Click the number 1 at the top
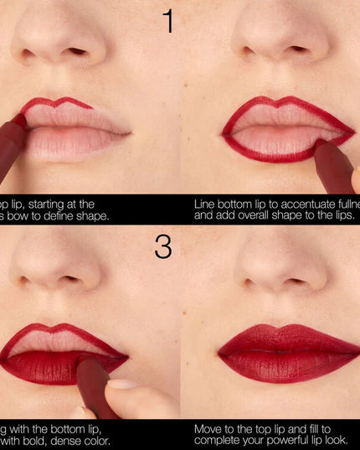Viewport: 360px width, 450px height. (x=167, y=20)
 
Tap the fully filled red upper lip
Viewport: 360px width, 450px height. (x=285, y=337)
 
